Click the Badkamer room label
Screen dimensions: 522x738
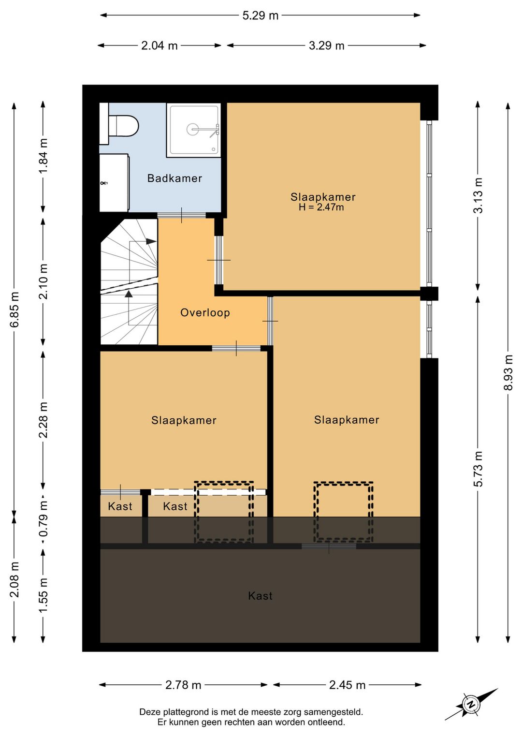pos(174,178)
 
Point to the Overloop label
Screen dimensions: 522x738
pos(205,312)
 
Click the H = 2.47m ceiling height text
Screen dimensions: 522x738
pos(321,207)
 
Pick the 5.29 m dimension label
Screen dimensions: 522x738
pos(260,15)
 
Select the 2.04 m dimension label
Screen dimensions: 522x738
pos(159,45)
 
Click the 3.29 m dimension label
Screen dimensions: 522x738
pos(326,45)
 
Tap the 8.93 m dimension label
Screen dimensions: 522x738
pos(508,372)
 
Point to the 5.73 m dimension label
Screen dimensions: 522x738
pos(478,469)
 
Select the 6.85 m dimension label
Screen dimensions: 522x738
pos(14,309)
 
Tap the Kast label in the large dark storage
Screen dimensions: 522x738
pos(260,596)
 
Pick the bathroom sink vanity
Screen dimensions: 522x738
pos(114,182)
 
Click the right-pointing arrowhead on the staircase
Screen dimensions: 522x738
pos(151,241)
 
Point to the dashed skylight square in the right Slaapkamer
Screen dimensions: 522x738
pos(344,512)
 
